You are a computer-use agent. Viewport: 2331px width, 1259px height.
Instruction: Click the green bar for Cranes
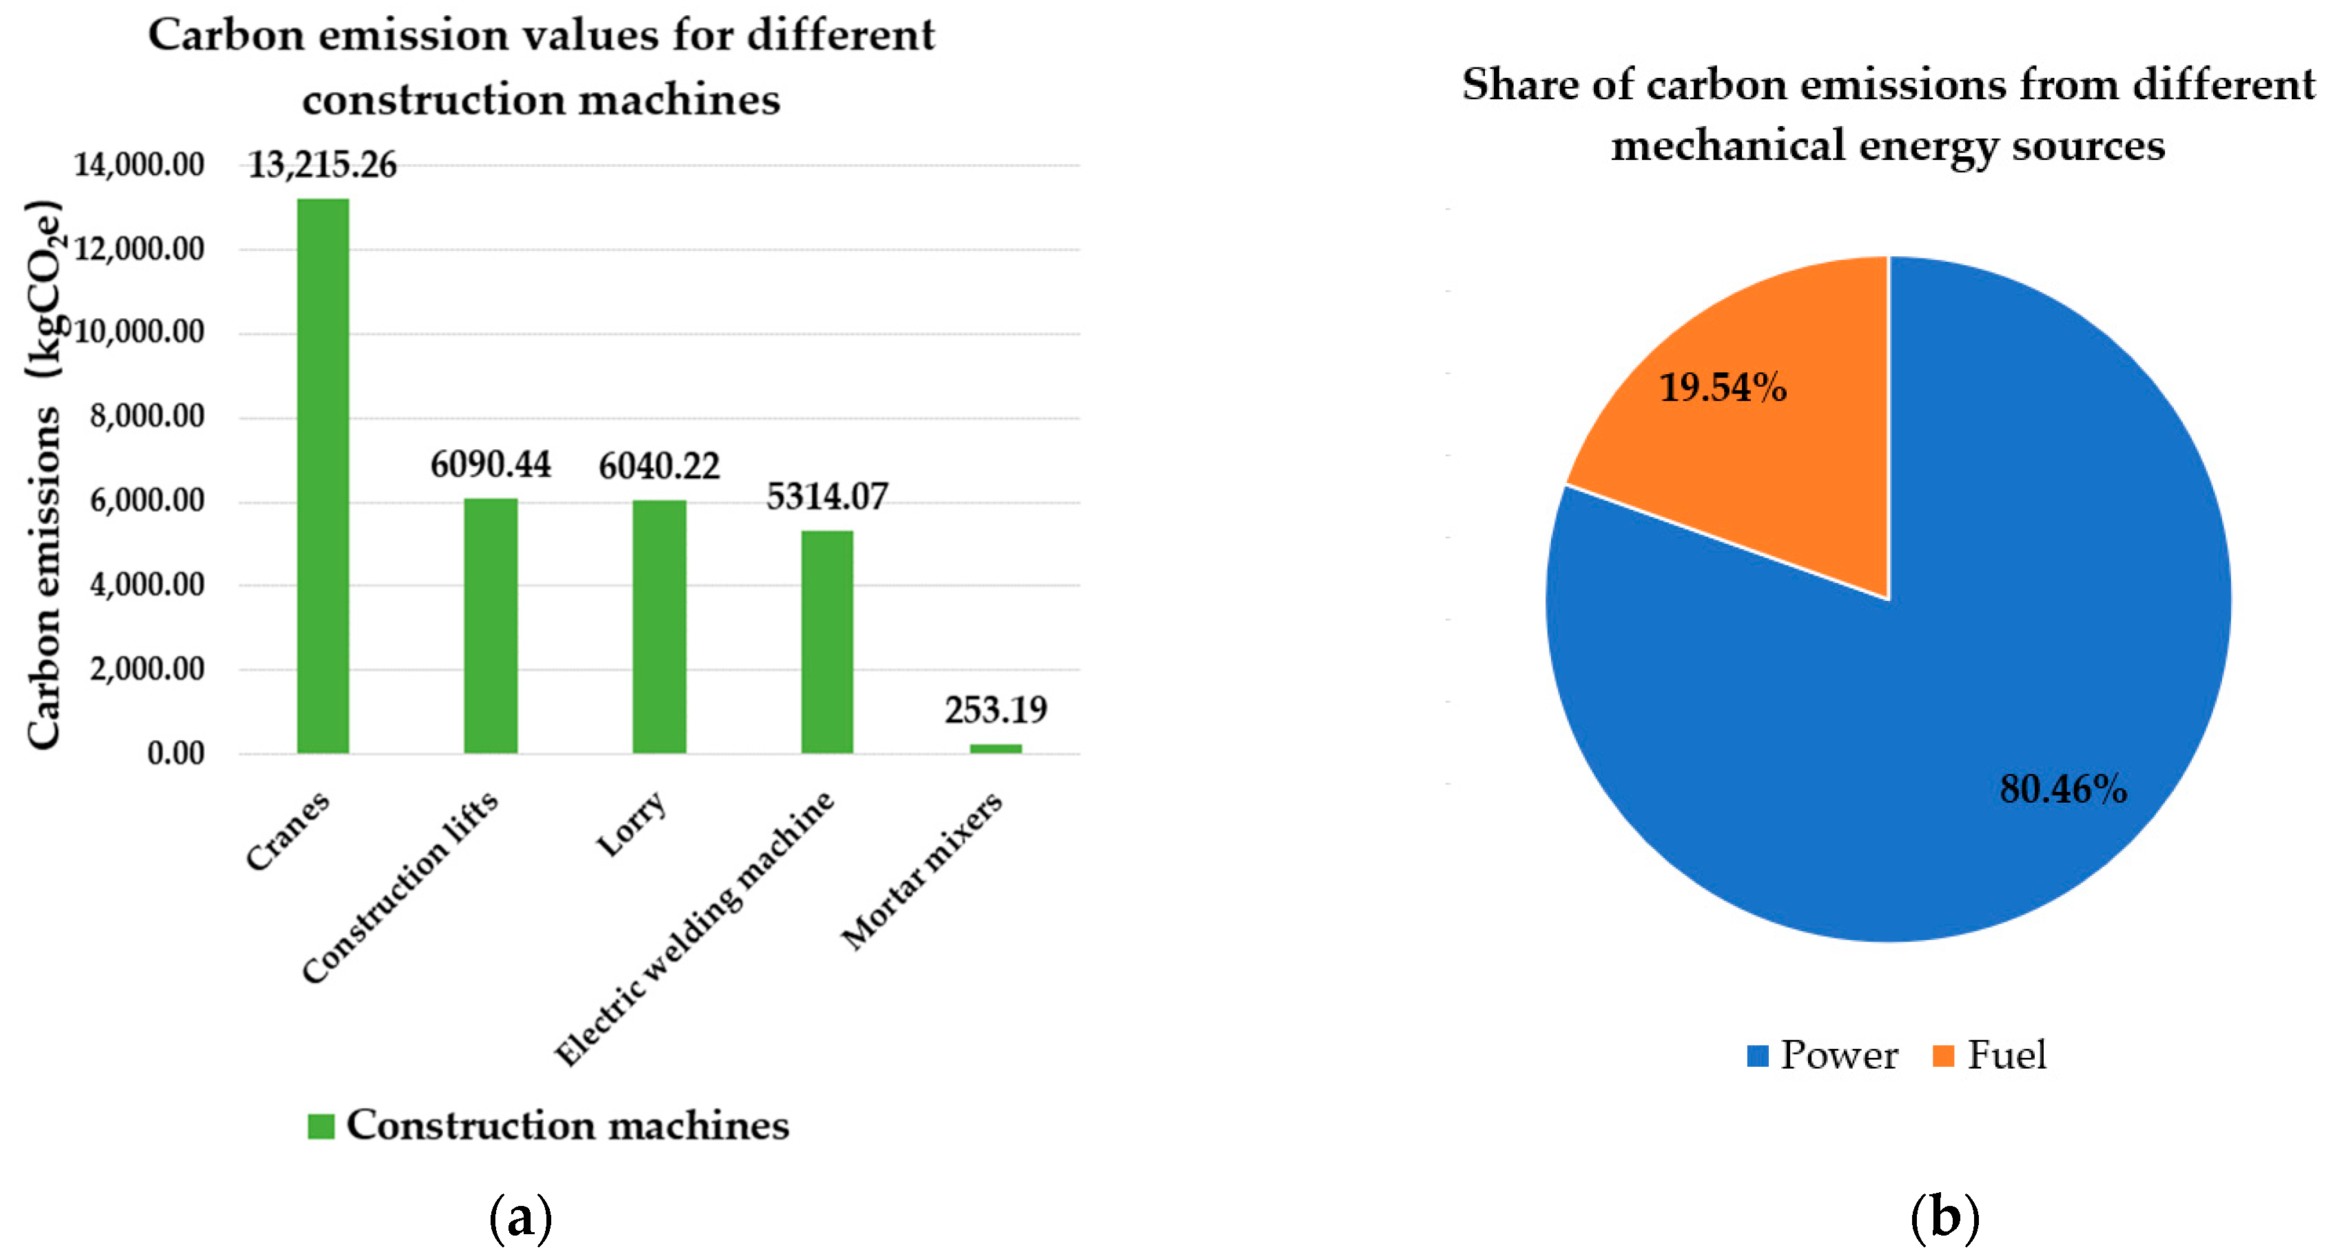tap(323, 475)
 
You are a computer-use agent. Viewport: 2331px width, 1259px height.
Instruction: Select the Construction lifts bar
tap(491, 626)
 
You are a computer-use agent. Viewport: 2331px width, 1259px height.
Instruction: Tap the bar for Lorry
tap(659, 626)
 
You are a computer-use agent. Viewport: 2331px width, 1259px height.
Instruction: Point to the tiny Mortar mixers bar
tap(996, 748)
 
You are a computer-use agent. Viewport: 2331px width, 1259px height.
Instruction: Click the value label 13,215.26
tap(322, 165)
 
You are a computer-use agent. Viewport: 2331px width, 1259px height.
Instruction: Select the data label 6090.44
tap(491, 464)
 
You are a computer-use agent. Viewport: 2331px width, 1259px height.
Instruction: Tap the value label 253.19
tap(996, 710)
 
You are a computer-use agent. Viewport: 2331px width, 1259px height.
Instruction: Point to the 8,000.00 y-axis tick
tap(147, 416)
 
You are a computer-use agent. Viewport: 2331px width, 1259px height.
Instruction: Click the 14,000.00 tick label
tap(138, 165)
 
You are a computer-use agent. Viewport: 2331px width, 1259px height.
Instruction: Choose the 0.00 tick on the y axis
tap(176, 753)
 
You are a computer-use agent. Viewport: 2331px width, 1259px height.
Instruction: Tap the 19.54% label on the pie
tap(1722, 387)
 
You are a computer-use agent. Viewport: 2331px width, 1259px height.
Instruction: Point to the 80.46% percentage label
tap(2062, 789)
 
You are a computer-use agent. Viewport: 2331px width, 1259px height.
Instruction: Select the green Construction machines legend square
tap(321, 1126)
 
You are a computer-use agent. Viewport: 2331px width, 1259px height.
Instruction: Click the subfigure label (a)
tap(520, 1218)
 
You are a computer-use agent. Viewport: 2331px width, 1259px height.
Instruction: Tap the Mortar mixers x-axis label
tap(922, 870)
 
